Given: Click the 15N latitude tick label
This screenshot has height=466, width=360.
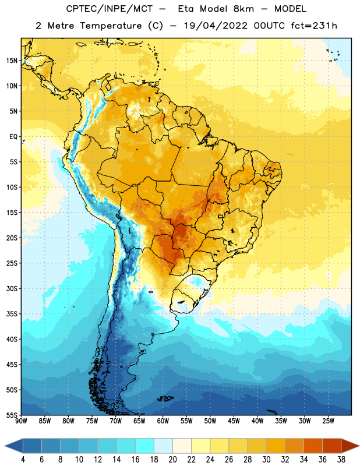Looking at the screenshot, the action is [x=12, y=61].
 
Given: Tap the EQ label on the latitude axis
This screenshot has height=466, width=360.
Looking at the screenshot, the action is [x=13, y=137].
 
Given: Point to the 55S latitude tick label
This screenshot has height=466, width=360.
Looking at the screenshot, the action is [x=12, y=415].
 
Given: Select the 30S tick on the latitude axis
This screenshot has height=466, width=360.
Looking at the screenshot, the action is [x=12, y=288].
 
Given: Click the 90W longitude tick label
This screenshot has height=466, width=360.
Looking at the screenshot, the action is [x=21, y=421].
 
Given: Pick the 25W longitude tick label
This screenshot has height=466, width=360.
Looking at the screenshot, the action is [x=328, y=421].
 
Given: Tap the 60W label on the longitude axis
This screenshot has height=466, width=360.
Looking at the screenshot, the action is [x=163, y=421].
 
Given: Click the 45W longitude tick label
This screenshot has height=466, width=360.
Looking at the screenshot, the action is [x=234, y=421].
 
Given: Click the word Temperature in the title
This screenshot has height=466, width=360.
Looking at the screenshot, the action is [x=111, y=26].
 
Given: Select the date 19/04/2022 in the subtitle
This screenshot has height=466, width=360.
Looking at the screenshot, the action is [x=216, y=26].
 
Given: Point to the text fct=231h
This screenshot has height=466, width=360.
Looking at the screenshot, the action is [x=314, y=26].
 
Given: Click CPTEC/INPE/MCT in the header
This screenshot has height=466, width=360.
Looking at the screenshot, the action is [x=110, y=9].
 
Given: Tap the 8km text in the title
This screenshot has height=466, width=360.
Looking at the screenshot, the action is [x=243, y=9].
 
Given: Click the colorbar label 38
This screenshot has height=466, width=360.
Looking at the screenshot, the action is [x=341, y=460].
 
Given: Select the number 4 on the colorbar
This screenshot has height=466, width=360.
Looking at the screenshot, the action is [x=23, y=460].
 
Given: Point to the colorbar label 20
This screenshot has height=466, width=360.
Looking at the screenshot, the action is [x=172, y=460].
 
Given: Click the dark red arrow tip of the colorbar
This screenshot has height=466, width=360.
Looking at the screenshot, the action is [x=359, y=446].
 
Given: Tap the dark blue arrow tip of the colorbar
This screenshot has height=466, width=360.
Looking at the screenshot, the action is [x=5, y=446].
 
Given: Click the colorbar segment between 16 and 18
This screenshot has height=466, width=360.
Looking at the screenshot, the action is [x=144, y=446].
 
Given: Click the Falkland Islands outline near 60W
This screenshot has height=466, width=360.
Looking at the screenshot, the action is [x=165, y=398].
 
